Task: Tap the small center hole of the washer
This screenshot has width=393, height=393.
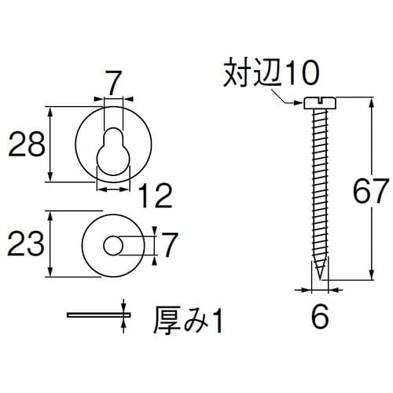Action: (114, 245)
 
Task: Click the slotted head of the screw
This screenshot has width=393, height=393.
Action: (319, 102)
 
